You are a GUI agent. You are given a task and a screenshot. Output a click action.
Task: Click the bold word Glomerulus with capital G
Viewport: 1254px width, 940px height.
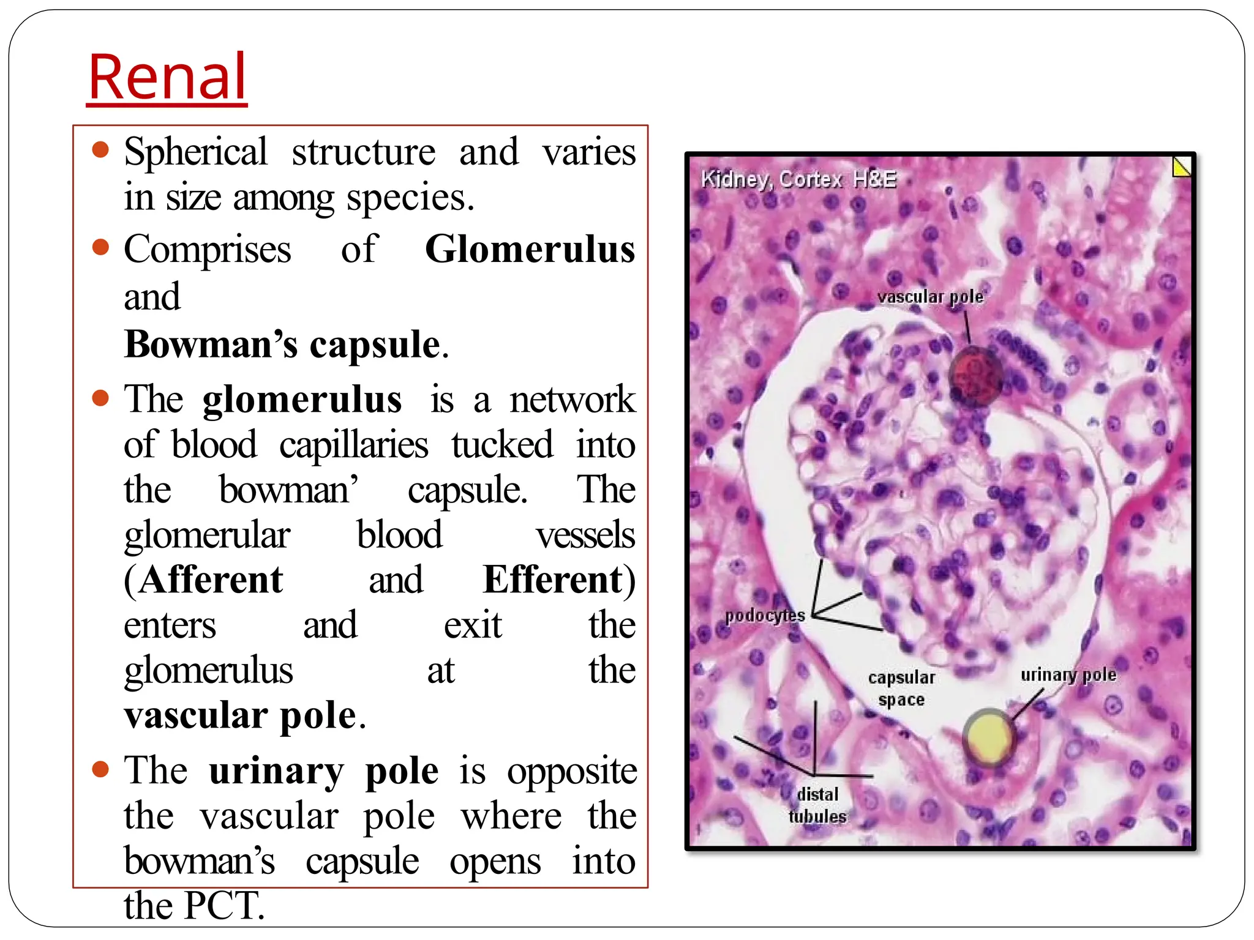click(530, 250)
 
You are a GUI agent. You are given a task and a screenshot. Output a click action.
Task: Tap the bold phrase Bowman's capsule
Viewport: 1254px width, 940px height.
click(283, 345)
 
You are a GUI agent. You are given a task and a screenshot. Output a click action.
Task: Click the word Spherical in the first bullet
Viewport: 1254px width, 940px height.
click(196, 152)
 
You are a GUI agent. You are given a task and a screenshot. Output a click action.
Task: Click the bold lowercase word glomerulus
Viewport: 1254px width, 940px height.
click(302, 400)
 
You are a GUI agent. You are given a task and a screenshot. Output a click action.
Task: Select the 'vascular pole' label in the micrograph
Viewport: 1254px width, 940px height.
click(929, 297)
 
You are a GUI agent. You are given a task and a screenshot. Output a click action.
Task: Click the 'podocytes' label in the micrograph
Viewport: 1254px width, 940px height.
click(765, 616)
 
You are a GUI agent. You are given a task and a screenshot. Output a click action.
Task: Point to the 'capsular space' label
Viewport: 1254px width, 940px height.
click(901, 688)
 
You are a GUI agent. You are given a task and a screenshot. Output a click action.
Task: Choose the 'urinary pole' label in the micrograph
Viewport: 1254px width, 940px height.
click(1068, 675)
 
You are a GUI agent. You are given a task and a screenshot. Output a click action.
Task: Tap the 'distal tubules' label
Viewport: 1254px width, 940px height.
click(817, 805)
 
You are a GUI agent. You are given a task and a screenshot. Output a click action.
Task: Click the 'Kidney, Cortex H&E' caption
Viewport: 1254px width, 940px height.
click(798, 179)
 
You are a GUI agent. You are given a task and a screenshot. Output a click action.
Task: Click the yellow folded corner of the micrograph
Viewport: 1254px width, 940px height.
click(1181, 167)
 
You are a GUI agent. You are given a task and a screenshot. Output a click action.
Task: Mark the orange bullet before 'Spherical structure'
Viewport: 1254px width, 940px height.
click(100, 150)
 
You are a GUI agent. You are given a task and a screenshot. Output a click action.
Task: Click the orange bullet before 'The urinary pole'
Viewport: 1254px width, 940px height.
click(100, 768)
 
